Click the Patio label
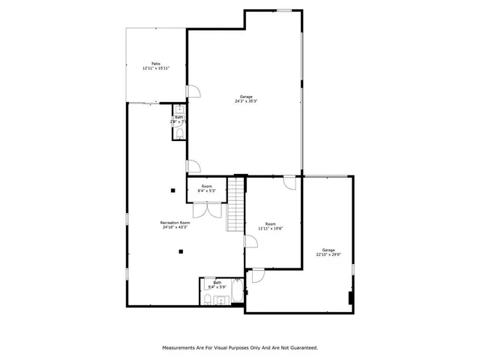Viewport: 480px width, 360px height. point(156,64)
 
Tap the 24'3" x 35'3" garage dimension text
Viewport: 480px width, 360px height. point(245,101)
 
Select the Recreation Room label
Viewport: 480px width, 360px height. point(175,223)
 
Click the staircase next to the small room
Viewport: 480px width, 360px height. point(236,206)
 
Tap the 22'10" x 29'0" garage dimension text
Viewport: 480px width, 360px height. point(328,254)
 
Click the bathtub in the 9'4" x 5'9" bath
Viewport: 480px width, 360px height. point(236,293)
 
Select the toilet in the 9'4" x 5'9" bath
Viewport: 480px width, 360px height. point(207,300)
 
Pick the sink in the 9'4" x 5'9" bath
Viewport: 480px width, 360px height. point(220,301)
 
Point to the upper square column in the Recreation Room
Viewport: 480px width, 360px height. point(172,190)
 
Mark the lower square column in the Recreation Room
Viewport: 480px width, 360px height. point(180,252)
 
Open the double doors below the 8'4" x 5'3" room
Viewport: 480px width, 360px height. point(213,208)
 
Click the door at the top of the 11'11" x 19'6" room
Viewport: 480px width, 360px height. point(289,181)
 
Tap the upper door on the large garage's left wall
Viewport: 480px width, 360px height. point(193,91)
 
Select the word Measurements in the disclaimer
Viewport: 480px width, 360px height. point(182,348)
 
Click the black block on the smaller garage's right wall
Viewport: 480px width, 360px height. point(350,297)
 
